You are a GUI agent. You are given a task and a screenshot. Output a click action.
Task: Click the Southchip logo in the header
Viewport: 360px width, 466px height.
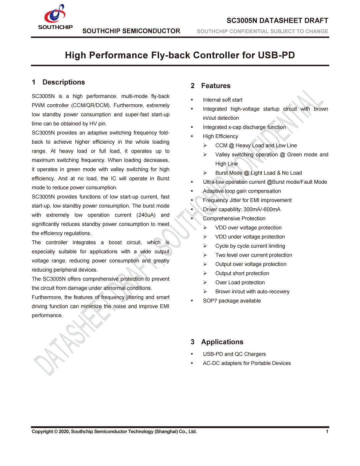55,17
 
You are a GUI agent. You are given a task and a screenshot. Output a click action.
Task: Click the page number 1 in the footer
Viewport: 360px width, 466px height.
327,431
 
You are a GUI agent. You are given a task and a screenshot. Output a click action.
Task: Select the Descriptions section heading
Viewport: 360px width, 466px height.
63,82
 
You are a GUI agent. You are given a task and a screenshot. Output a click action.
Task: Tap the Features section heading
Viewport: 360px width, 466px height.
216,86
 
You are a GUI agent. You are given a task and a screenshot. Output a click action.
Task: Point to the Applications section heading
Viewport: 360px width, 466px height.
222,342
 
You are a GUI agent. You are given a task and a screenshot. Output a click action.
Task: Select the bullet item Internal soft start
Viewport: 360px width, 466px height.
223,100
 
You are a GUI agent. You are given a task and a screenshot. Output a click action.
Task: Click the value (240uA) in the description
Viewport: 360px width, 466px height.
146,215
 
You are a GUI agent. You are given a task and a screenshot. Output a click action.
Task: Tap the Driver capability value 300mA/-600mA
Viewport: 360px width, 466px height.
262,209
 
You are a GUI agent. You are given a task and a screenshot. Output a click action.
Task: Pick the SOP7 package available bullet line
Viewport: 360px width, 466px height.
232,301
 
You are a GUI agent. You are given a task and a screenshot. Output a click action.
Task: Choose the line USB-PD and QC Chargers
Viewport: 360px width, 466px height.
234,354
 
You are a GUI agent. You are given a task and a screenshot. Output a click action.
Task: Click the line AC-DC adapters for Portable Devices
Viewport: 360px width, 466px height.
247,363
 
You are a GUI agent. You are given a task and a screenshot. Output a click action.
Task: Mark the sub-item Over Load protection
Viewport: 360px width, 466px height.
240,282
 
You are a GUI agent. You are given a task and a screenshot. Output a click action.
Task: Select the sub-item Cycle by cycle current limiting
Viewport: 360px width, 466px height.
250,246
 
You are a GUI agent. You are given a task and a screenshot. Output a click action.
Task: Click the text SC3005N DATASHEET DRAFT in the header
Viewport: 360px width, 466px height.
277,21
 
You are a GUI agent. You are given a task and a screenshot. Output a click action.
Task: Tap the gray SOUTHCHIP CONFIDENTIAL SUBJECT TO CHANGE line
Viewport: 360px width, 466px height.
262,31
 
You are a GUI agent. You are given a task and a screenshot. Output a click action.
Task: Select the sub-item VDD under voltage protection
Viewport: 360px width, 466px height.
250,237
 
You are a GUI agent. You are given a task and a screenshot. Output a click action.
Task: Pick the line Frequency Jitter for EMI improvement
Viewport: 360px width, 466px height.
247,200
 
